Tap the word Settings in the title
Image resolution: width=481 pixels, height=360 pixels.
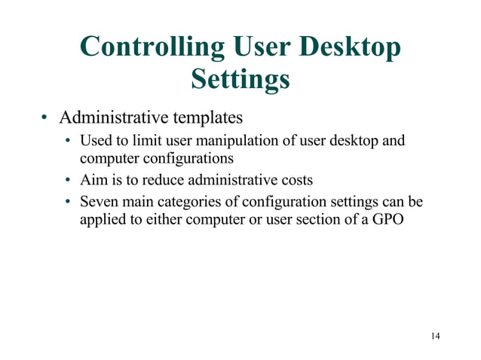[240, 79]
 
